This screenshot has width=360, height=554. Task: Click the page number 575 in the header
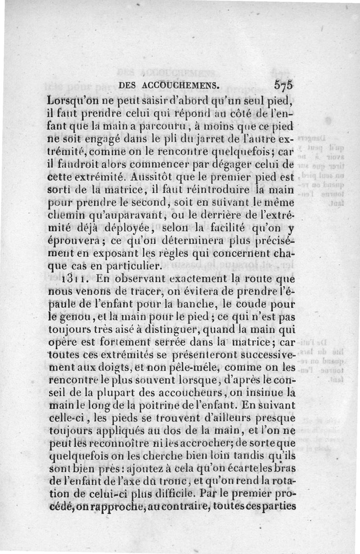point(283,85)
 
